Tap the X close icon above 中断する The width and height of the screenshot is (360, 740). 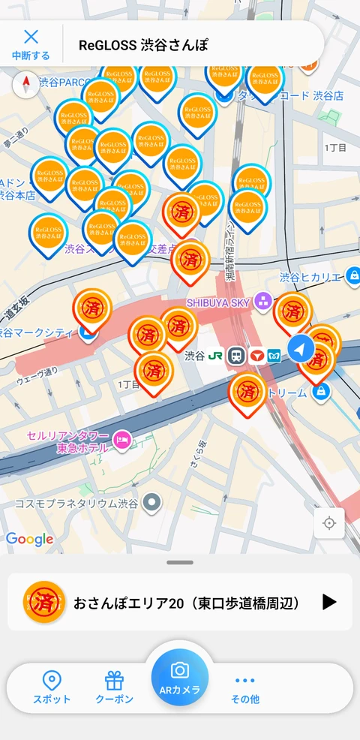pos(31,38)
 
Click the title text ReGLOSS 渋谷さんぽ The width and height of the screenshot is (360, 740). pos(142,45)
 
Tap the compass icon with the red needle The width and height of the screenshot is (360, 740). pos(26,83)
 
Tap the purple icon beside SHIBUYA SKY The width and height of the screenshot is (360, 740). pos(262,302)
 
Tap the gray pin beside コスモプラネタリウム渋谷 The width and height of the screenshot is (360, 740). pos(154,502)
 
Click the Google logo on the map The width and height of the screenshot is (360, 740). pos(29,539)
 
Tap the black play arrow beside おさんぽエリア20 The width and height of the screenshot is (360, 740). pos(329,602)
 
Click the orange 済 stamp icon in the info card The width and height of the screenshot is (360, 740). pos(44,602)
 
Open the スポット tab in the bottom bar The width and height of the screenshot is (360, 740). pos(52,687)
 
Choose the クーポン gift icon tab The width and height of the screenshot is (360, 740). pos(114,687)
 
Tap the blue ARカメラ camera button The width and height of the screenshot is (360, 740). pos(180,678)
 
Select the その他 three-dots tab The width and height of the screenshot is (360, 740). pos(245,687)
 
